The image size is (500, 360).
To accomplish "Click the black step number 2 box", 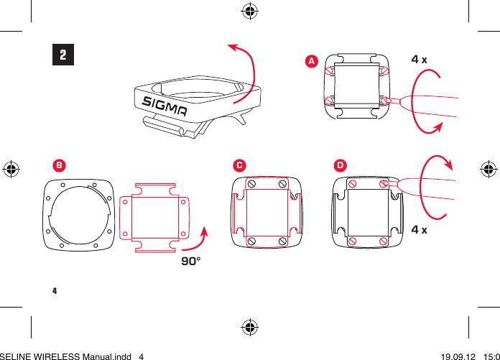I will click(63, 55).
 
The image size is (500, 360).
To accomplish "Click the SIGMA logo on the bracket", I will click(164, 106).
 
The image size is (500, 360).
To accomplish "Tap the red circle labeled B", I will click(60, 165).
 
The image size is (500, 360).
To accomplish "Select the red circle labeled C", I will click(239, 165).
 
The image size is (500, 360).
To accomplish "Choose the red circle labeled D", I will click(340, 165).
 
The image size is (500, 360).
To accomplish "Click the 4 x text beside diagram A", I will click(419, 59).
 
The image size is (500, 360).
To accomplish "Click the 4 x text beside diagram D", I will click(420, 230).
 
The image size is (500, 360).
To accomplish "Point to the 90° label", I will click(190, 262).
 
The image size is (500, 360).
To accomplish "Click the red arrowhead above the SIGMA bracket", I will click(232, 47).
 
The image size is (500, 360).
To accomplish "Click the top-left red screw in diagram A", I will click(330, 70).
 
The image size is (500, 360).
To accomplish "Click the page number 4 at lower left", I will click(55, 292).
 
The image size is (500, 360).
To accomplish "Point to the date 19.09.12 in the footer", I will click(460, 355).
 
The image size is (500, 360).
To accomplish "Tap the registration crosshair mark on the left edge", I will click(11, 170).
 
